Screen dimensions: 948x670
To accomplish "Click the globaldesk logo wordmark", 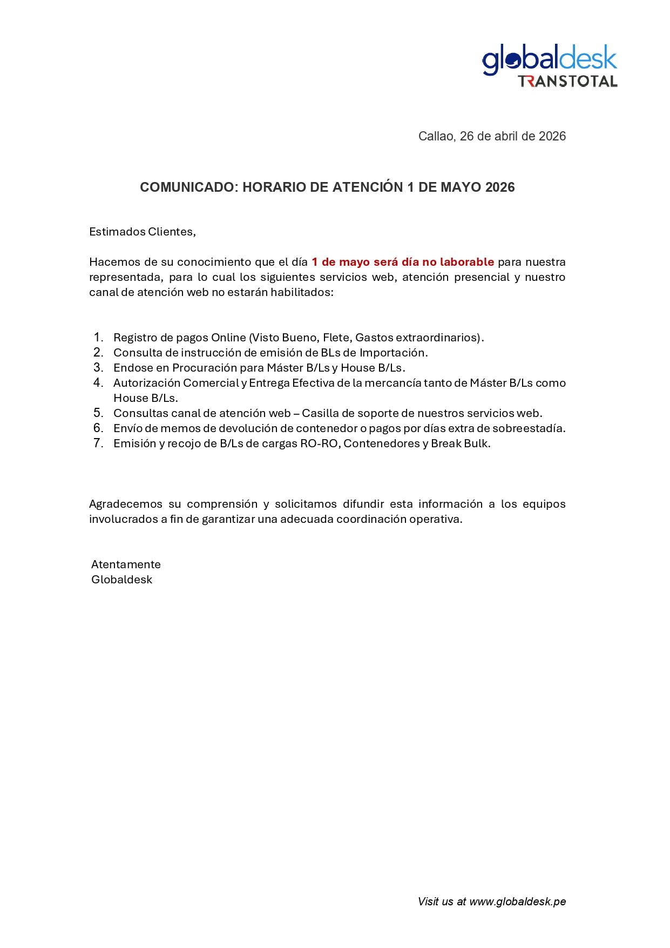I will pyautogui.click(x=549, y=60).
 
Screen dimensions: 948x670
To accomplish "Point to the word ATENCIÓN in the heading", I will pyautogui.click(x=368, y=187).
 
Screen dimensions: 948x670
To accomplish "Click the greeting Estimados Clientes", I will pyautogui.click(x=142, y=232).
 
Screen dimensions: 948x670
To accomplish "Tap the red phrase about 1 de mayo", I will pyautogui.click(x=402, y=262).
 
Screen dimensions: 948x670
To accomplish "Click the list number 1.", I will pyautogui.click(x=98, y=337).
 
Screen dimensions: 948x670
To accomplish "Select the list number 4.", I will pyautogui.click(x=98, y=382).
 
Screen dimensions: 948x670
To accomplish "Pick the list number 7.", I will pyautogui.click(x=98, y=443).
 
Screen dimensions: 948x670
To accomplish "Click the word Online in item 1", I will pyautogui.click(x=228, y=338).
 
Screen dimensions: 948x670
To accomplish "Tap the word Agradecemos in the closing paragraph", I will pyautogui.click(x=126, y=504).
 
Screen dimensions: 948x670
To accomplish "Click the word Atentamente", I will pyautogui.click(x=126, y=564).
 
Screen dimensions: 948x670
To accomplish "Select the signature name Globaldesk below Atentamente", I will pyautogui.click(x=121, y=580).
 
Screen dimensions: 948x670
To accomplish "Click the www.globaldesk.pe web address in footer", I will pyautogui.click(x=517, y=902).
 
